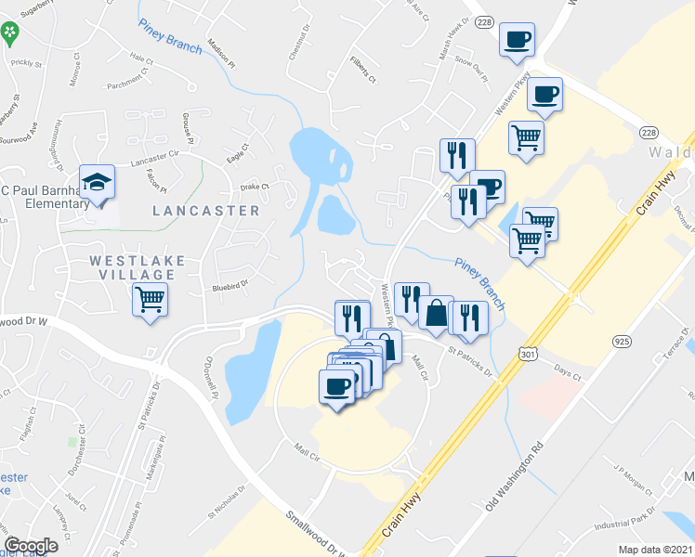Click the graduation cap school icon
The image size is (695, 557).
(x=97, y=181)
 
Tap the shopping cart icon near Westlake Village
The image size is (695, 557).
(x=149, y=300)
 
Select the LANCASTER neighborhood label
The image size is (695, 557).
(x=206, y=211)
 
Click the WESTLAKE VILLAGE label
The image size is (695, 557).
(x=138, y=267)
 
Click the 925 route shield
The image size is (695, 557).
(x=622, y=342)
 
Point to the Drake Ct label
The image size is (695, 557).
(x=254, y=187)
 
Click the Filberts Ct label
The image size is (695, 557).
(x=363, y=71)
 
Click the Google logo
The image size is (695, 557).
(x=31, y=545)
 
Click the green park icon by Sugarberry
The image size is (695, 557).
(x=10, y=34)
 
